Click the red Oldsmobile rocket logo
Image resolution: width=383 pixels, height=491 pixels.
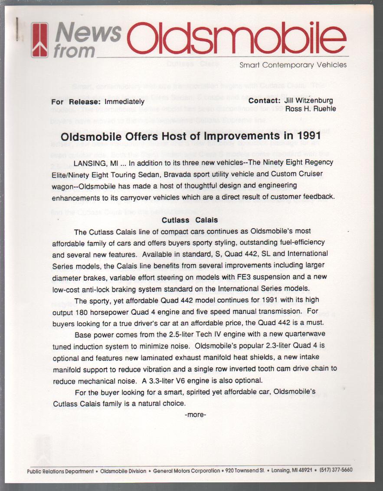39,40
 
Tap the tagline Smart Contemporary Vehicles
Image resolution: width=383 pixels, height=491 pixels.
293,65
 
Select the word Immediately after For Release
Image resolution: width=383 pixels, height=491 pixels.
124,102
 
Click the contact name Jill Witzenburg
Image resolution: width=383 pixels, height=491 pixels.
309,100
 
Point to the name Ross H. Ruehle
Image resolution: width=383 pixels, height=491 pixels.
310,109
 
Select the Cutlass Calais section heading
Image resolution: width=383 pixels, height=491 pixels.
190,220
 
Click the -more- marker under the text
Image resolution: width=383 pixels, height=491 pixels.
195,415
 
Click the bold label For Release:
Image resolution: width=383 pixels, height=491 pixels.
76,102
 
